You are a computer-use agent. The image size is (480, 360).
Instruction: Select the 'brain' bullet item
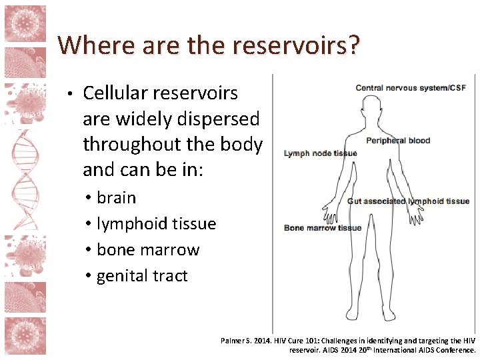pos(116,198)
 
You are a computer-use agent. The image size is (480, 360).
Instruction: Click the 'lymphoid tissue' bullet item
pos(156,224)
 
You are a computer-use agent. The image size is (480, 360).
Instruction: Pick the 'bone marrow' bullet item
pos(147,250)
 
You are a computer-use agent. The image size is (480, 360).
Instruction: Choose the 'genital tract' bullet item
pos(142,276)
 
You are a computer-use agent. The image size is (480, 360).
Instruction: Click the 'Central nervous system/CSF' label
pos(410,88)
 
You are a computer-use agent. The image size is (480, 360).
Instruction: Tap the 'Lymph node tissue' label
pos(320,153)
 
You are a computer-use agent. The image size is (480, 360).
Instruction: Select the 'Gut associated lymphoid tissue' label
pos(408,201)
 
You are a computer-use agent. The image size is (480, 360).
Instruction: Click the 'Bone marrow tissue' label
pos(323,228)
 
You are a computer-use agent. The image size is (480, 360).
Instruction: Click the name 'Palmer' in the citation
pos(234,341)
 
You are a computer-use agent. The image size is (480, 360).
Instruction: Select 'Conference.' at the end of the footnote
pos(453,349)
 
